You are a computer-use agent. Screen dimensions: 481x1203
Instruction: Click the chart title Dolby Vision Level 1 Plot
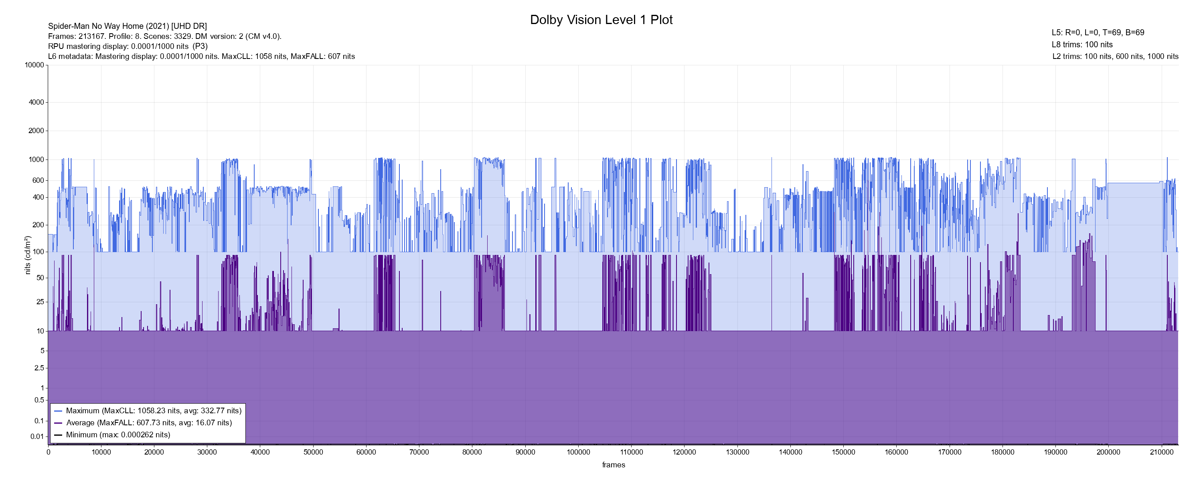click(x=601, y=20)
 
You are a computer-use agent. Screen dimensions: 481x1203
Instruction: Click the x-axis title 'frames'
click(x=613, y=465)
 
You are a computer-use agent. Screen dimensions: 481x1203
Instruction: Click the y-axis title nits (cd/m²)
click(x=28, y=255)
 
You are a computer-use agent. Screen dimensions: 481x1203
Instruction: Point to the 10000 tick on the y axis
click(x=34, y=65)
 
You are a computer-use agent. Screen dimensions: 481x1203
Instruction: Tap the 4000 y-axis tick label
click(x=36, y=102)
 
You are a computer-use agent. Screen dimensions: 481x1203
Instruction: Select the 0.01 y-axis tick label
click(x=37, y=437)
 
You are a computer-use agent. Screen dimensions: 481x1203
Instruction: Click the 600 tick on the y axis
click(x=38, y=180)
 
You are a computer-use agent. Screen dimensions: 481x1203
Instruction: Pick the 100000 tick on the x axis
click(x=578, y=452)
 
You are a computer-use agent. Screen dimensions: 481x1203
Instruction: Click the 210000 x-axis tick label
click(x=1161, y=452)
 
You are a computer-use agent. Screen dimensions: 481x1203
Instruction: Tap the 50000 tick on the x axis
click(x=313, y=452)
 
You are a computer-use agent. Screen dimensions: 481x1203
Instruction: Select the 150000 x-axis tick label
click(x=843, y=452)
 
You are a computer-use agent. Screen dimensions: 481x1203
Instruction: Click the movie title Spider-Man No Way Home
click(x=127, y=26)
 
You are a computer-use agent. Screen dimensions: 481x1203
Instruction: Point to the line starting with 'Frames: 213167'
click(x=164, y=36)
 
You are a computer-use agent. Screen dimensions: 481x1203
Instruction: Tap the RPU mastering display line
click(x=128, y=46)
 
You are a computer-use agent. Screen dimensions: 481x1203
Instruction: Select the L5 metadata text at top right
click(x=1098, y=33)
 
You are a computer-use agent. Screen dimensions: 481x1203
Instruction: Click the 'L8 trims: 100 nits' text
click(x=1082, y=44)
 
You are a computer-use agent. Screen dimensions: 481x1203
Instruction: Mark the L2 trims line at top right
click(x=1115, y=57)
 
